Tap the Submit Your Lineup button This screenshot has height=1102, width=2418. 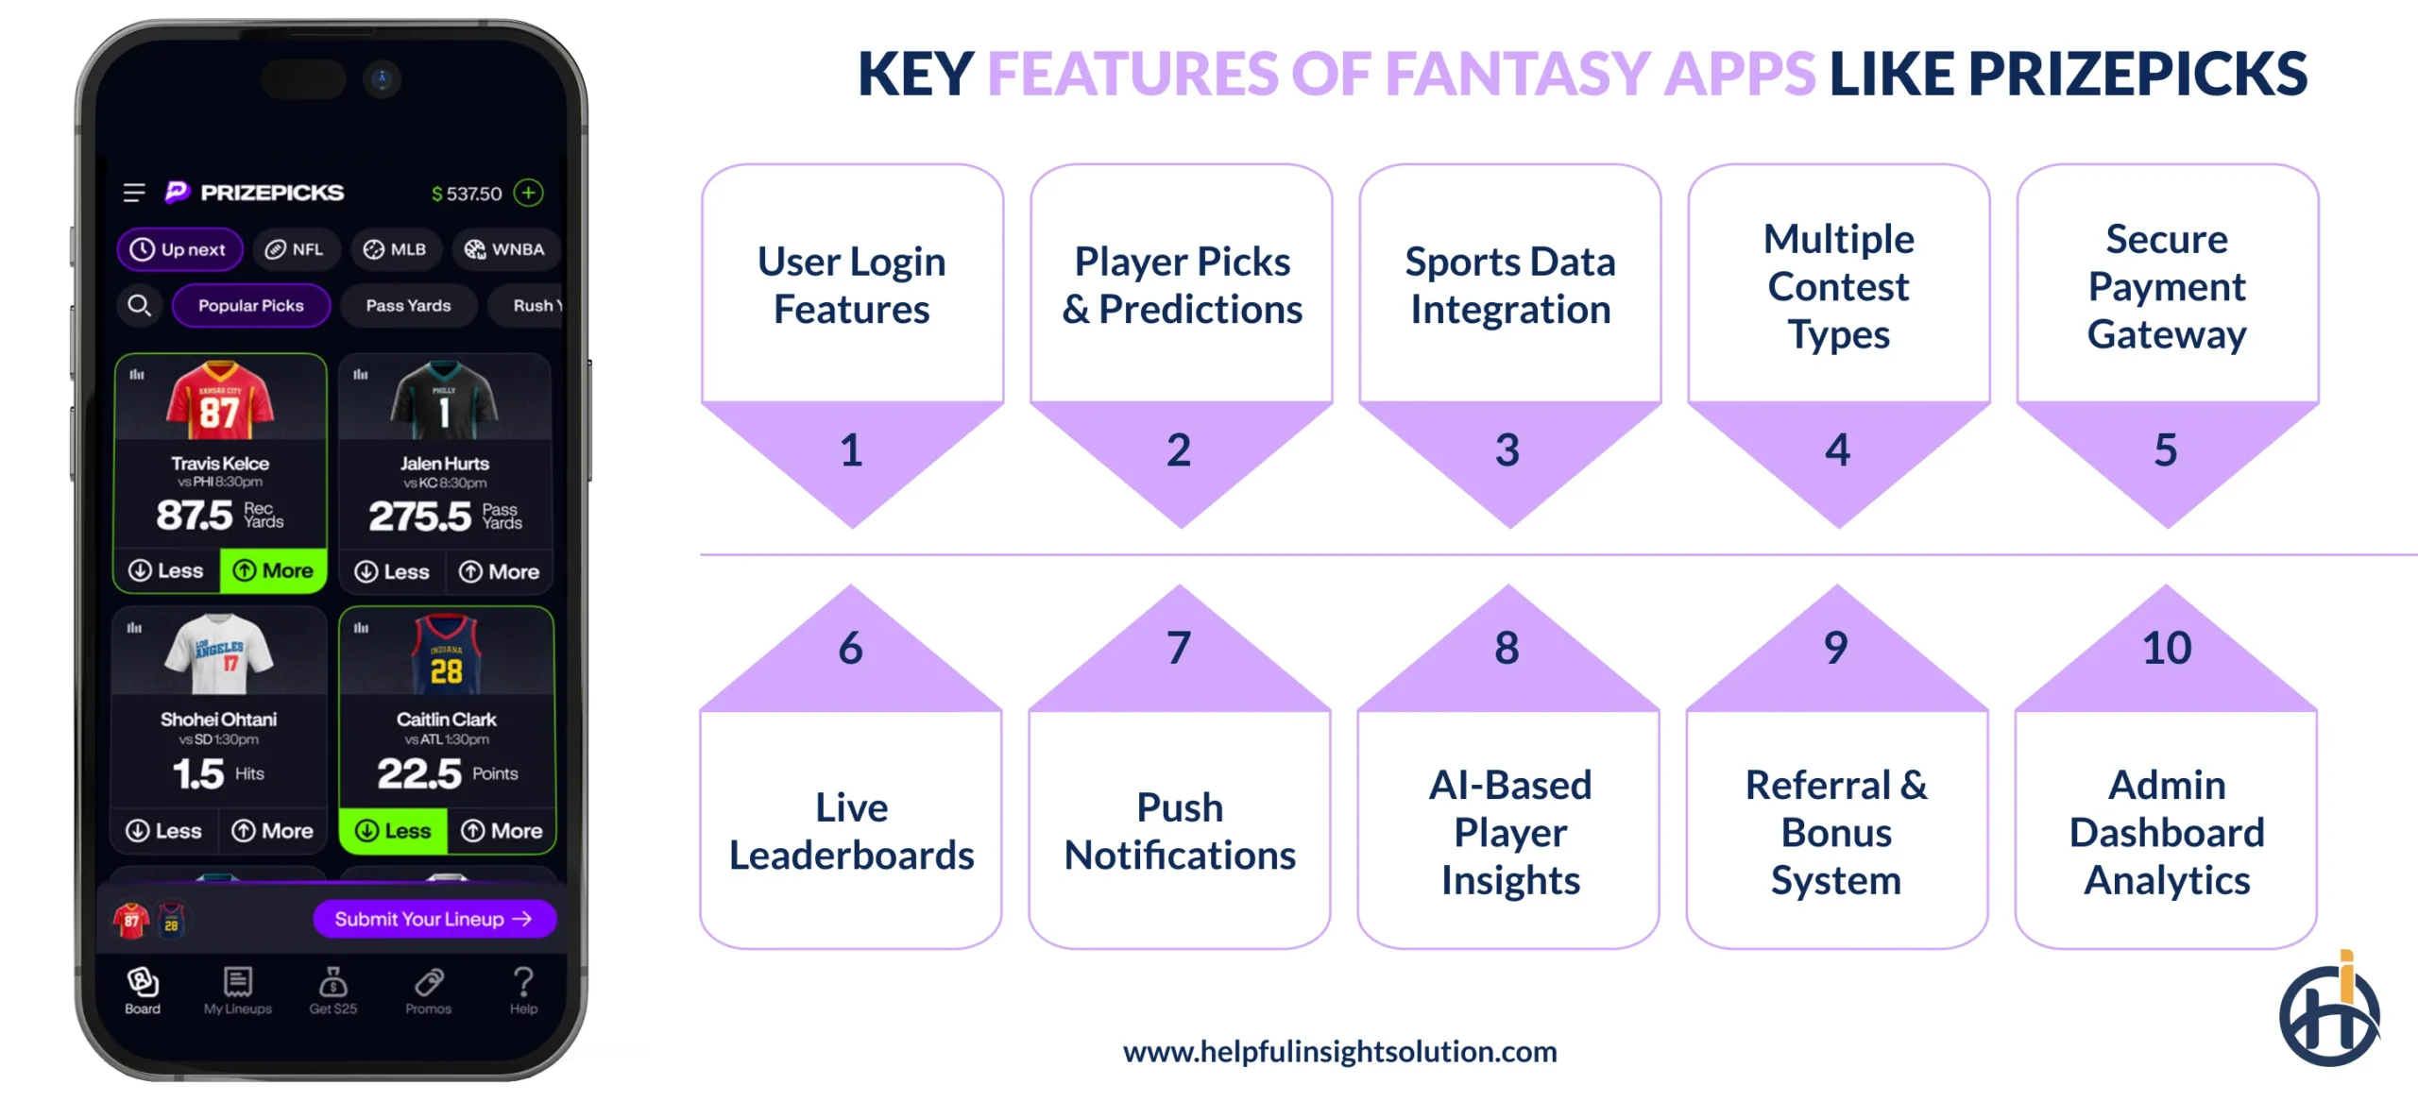434,919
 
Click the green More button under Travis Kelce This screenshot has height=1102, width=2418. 273,570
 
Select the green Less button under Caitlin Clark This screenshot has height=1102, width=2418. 393,831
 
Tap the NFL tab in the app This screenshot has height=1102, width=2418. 295,249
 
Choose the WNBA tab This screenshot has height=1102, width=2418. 504,249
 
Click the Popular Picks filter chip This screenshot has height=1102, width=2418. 251,305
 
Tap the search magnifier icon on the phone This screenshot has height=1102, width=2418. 139,305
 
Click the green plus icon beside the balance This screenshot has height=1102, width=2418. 529,193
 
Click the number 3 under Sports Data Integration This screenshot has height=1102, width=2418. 1507,450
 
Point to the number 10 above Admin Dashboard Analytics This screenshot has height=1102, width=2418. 2167,648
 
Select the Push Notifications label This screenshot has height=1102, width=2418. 1180,831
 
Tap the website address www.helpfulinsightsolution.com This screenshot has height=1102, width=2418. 1339,1051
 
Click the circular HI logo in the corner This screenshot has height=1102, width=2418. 2329,1013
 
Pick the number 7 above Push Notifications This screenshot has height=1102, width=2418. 1178,648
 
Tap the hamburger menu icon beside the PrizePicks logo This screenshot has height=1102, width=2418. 134,193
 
